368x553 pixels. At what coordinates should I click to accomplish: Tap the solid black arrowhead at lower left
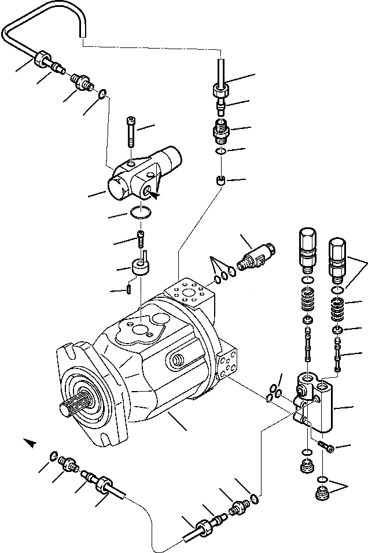[30, 443]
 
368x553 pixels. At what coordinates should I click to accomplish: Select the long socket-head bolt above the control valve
[131, 132]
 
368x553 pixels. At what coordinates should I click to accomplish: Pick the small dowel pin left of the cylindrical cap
[130, 286]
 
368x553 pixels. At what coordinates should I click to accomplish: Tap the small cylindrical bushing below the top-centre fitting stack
[220, 182]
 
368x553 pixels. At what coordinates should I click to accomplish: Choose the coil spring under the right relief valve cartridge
[337, 310]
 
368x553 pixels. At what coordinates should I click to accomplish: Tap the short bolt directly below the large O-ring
[141, 237]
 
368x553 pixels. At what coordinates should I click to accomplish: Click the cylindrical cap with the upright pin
[140, 267]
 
